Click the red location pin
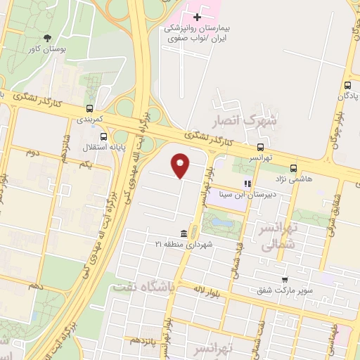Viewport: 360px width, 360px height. click(x=181, y=165)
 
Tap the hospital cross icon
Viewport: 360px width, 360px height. click(x=197, y=17)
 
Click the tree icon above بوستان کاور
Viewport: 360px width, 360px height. click(x=47, y=38)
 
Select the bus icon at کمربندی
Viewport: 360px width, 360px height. click(x=89, y=109)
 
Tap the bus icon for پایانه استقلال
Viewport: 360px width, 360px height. click(x=103, y=136)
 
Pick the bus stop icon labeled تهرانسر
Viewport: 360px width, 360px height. click(x=261, y=148)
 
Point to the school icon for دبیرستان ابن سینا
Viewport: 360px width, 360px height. click(x=247, y=184)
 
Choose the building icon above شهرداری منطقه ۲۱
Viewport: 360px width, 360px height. click(x=184, y=233)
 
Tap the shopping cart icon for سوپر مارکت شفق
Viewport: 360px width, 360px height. click(x=284, y=280)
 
